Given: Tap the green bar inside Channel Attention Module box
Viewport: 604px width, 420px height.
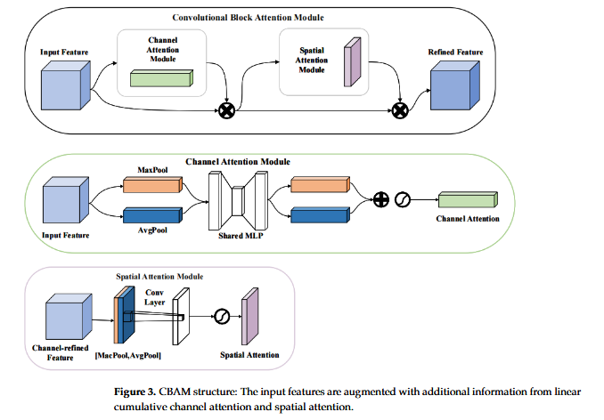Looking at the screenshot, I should tap(161, 78).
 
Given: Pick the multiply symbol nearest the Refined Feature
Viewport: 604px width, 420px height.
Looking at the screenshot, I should tap(400, 110).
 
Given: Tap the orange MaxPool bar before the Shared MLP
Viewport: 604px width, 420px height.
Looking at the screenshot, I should tap(151, 184).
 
